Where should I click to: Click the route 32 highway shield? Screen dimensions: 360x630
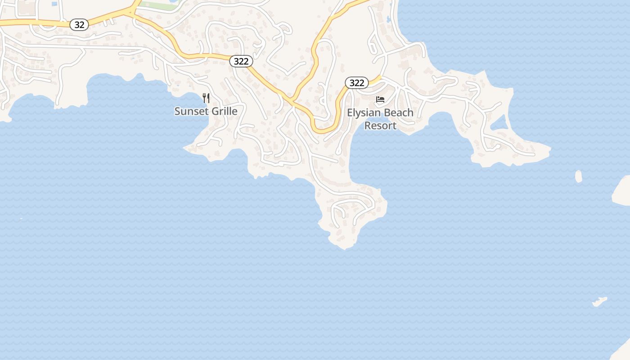79,25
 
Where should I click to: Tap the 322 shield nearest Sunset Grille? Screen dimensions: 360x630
241,61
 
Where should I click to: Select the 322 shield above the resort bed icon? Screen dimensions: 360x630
357,83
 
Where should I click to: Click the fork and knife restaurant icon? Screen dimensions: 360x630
206,98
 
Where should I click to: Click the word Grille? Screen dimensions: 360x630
222,111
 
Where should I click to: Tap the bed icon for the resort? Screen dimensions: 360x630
380,99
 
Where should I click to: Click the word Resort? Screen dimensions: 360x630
380,126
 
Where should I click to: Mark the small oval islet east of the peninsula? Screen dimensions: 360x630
578,176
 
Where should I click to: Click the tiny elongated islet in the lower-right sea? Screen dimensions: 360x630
599,301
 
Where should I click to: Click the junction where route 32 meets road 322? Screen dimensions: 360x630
131,13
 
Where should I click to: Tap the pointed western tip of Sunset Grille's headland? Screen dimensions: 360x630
184,148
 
